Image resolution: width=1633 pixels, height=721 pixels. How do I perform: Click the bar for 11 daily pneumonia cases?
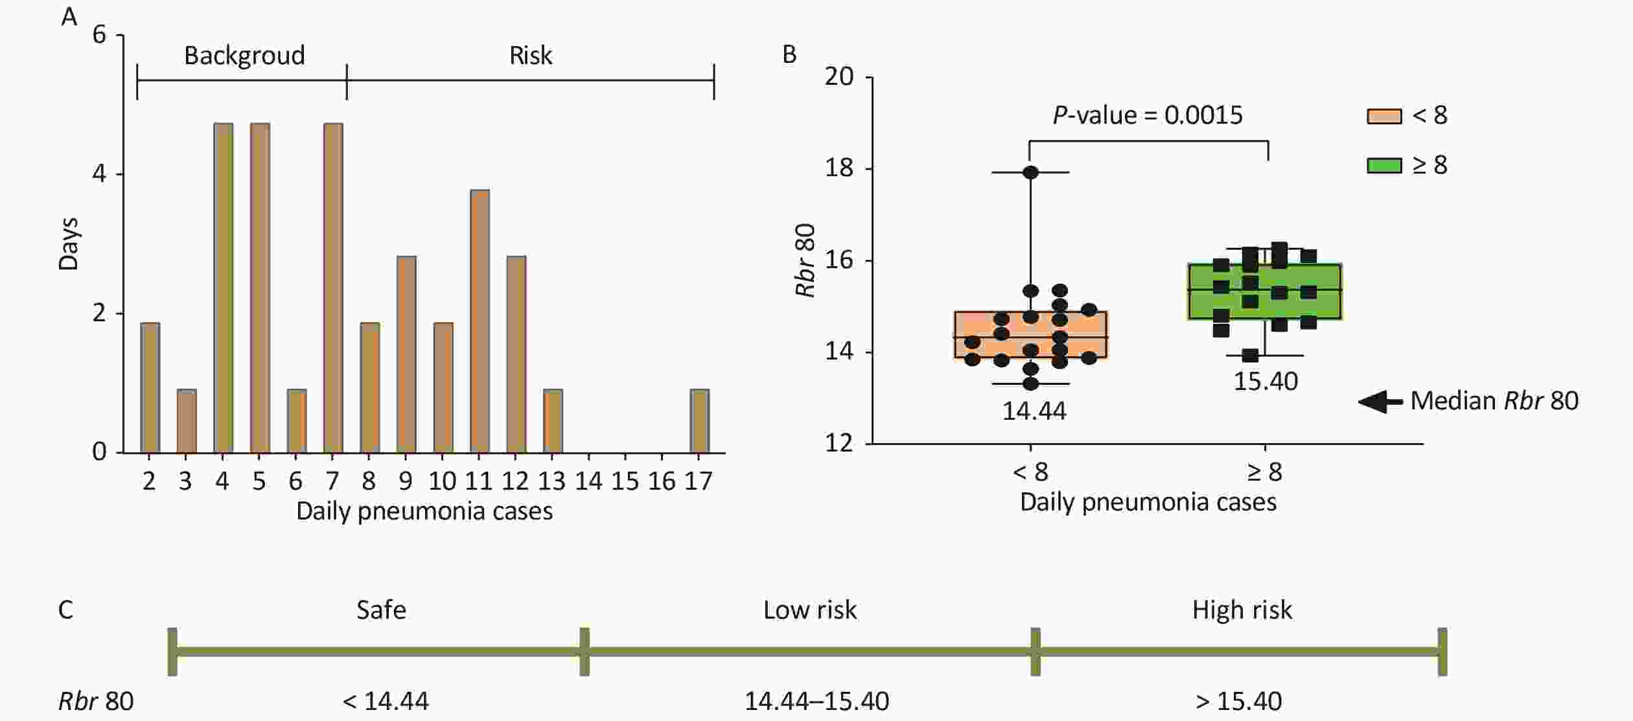coord(480,321)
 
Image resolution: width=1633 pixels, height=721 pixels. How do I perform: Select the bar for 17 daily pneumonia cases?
coord(699,421)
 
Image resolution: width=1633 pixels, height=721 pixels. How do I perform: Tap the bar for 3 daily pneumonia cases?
coord(187,421)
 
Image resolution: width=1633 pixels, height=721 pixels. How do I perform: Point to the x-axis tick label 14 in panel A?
coord(588,481)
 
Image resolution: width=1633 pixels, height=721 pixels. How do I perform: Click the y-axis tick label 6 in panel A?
coord(99,34)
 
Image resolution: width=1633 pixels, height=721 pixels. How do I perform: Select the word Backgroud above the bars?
coord(244,56)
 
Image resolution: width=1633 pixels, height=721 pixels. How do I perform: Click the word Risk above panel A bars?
coord(531,56)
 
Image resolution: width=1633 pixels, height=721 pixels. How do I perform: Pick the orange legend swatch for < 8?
coord(1384,116)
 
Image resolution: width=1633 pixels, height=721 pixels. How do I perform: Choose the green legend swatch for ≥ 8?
coord(1384,166)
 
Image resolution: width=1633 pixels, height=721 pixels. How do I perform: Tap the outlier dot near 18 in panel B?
coord(1030,172)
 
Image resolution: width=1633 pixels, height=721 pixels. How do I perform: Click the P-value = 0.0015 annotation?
coord(1148,115)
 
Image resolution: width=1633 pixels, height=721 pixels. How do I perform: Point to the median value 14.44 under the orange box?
coord(1034,411)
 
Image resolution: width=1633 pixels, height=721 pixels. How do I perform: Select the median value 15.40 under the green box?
coord(1265,381)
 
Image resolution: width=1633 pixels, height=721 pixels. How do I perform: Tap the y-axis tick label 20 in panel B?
coord(839,77)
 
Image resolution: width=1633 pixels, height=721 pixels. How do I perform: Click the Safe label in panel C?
coord(381,610)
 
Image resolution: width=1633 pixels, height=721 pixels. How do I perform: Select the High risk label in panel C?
coord(1242,610)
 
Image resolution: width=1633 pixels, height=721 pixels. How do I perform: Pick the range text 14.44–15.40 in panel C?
coord(816,702)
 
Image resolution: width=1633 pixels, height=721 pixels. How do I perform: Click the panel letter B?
coord(789,54)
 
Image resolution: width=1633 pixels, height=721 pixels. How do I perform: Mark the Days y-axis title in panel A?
coord(69,244)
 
